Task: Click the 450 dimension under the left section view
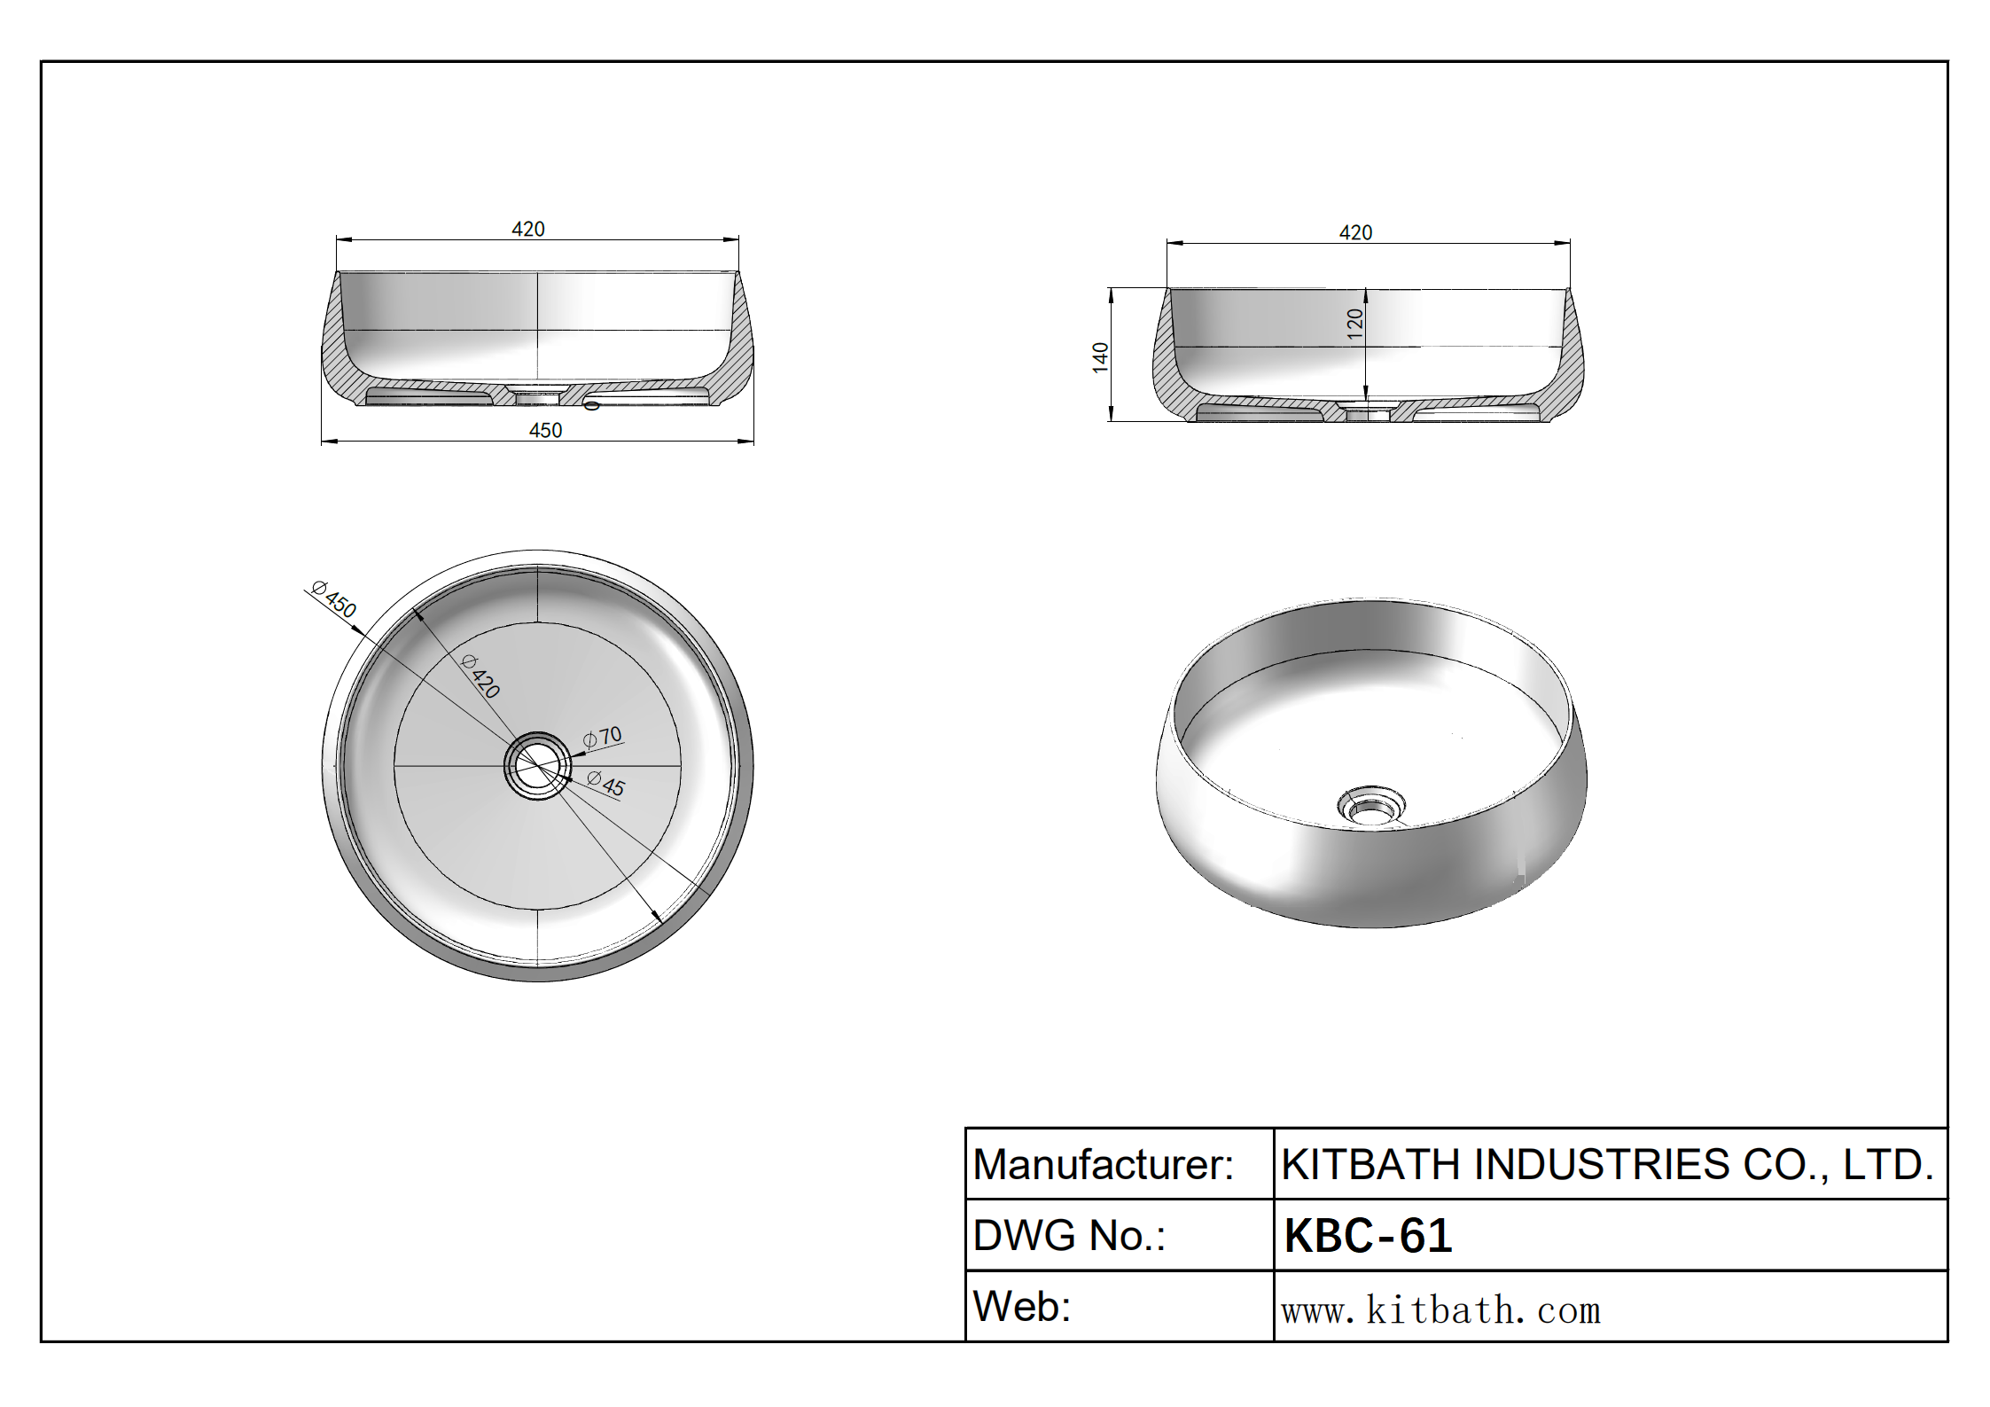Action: click(545, 430)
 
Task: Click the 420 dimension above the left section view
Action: click(528, 229)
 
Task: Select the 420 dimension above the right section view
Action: click(1355, 232)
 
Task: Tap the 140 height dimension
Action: click(1100, 356)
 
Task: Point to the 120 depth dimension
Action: click(1354, 323)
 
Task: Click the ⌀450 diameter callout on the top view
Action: click(334, 599)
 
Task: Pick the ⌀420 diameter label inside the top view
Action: click(481, 676)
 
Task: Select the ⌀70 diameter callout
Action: click(603, 737)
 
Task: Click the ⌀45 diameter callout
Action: click(606, 784)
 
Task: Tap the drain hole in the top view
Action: click(537, 765)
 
